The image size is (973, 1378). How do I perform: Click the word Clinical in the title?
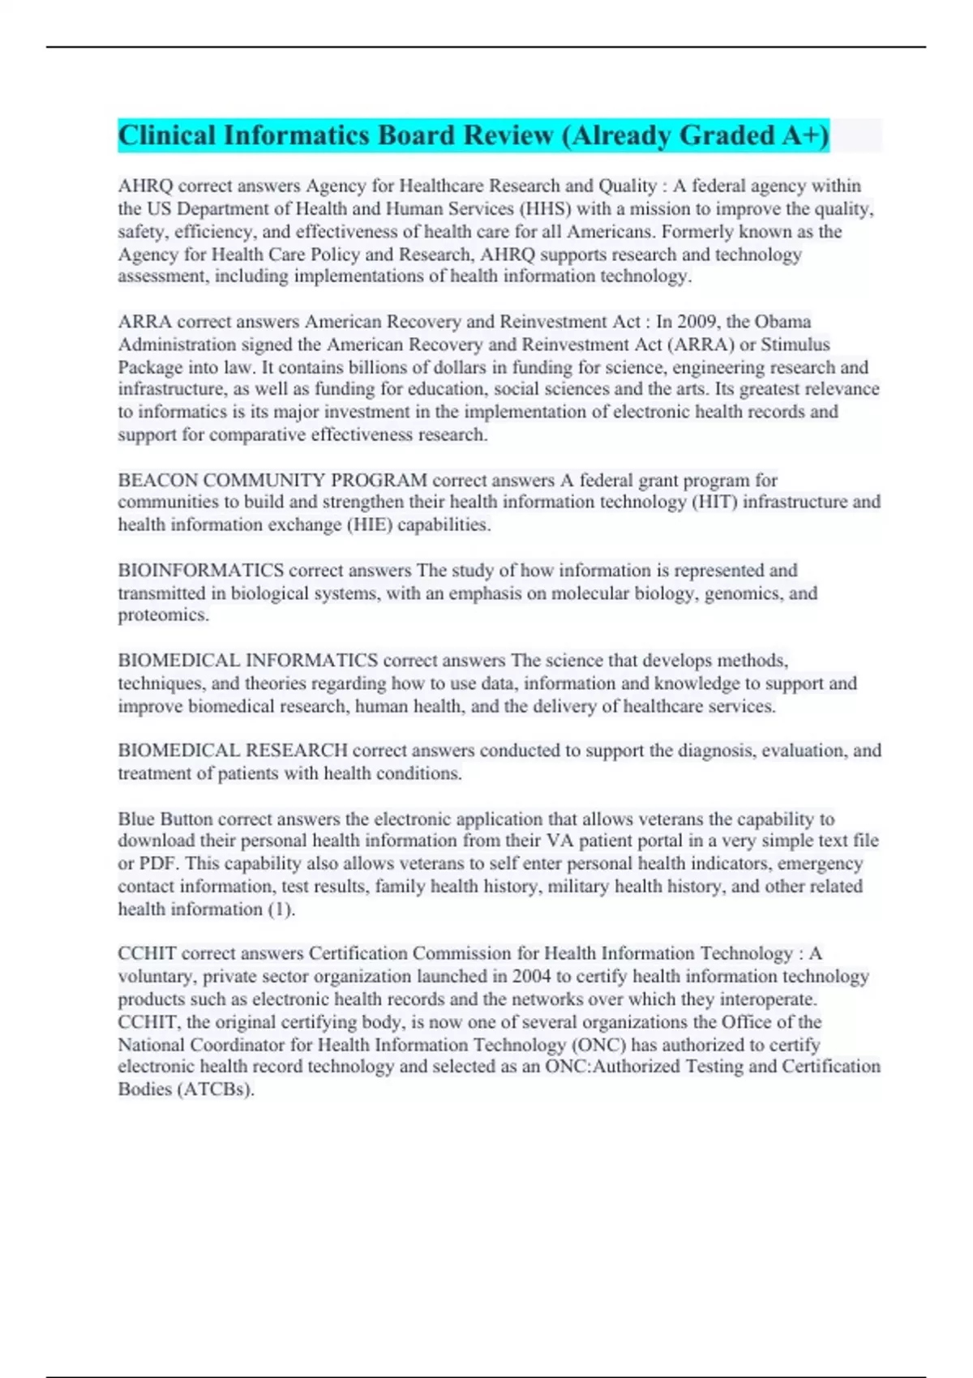tap(167, 135)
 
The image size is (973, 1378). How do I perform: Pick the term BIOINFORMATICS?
tap(200, 571)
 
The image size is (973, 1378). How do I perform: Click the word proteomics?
tap(162, 615)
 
